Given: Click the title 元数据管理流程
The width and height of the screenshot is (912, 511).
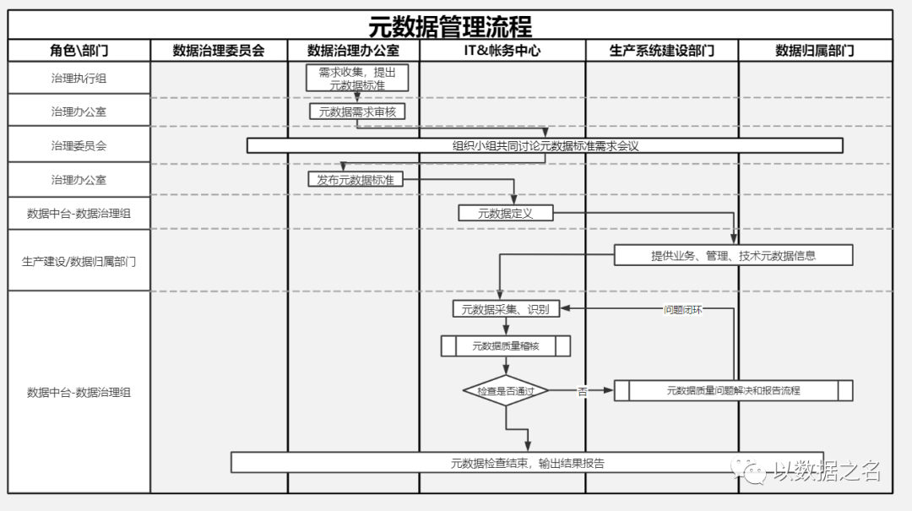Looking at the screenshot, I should (x=450, y=25).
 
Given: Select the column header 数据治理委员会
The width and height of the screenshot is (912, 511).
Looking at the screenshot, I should (x=219, y=51).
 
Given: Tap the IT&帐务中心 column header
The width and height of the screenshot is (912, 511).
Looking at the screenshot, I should (x=502, y=51).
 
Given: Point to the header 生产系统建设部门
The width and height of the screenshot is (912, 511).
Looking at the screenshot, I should (x=662, y=51).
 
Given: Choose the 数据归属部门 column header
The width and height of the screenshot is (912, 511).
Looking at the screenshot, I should (x=815, y=51).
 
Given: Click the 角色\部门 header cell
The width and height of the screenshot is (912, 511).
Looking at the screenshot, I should (x=79, y=51).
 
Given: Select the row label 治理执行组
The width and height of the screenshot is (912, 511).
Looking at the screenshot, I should (x=79, y=79).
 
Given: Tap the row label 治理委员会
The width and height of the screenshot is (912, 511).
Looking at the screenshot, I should (x=79, y=145).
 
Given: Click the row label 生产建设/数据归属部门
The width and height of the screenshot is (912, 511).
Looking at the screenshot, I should (x=79, y=261).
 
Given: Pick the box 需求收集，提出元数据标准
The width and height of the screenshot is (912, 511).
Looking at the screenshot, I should (x=357, y=78).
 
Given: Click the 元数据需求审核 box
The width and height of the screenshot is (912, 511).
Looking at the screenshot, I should (x=364, y=111).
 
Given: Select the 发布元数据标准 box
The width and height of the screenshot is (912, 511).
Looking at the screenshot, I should (x=356, y=179).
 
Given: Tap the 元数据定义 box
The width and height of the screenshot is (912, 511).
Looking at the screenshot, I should (x=506, y=213).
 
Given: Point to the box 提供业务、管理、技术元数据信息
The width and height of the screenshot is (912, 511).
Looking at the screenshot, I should (x=733, y=255).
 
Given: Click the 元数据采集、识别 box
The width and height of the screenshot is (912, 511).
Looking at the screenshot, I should (x=505, y=309).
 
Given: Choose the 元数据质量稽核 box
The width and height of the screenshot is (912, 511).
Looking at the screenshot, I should (x=505, y=345).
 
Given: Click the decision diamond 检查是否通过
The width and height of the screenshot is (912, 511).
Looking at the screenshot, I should (x=506, y=391).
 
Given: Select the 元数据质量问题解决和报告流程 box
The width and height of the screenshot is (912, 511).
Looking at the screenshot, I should (x=733, y=390).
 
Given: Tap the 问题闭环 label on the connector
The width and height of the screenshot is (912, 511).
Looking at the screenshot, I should (x=682, y=309).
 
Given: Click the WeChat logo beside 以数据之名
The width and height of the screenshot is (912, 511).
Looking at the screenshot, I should (x=750, y=470).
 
